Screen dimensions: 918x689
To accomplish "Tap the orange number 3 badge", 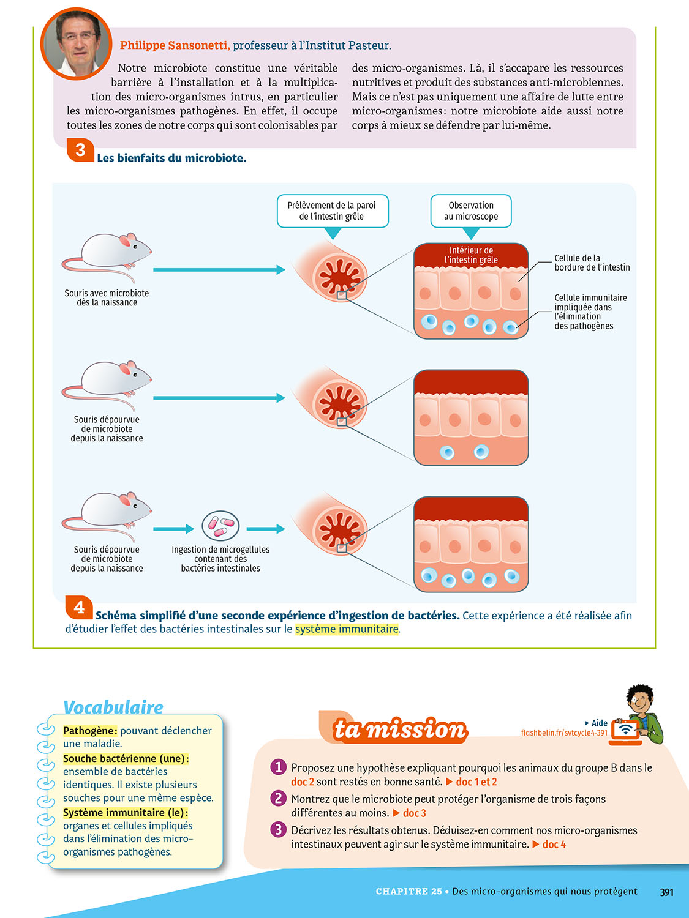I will [x=80, y=150].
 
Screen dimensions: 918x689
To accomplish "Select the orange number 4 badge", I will [x=79, y=607].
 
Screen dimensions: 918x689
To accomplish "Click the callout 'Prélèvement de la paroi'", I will [x=332, y=211].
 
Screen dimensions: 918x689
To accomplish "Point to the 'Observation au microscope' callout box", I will [x=470, y=211].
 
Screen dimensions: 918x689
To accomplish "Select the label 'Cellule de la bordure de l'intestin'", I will [x=592, y=263].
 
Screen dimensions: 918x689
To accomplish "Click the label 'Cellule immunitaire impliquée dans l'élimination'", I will [x=590, y=312].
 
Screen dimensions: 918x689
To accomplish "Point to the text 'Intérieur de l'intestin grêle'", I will [x=471, y=255].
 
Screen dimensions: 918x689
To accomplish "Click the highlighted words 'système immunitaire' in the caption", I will [x=347, y=629].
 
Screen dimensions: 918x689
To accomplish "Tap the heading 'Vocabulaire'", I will [x=113, y=707].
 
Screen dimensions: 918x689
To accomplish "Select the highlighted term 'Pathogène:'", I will [x=90, y=731].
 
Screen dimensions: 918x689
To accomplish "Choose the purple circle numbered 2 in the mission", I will [x=279, y=798].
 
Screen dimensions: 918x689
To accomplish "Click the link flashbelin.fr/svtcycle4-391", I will [x=564, y=733].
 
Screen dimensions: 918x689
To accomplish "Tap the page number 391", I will [x=666, y=892].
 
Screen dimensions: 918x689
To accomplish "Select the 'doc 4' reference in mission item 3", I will [x=554, y=845].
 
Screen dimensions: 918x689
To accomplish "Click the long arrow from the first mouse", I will [x=219, y=270].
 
